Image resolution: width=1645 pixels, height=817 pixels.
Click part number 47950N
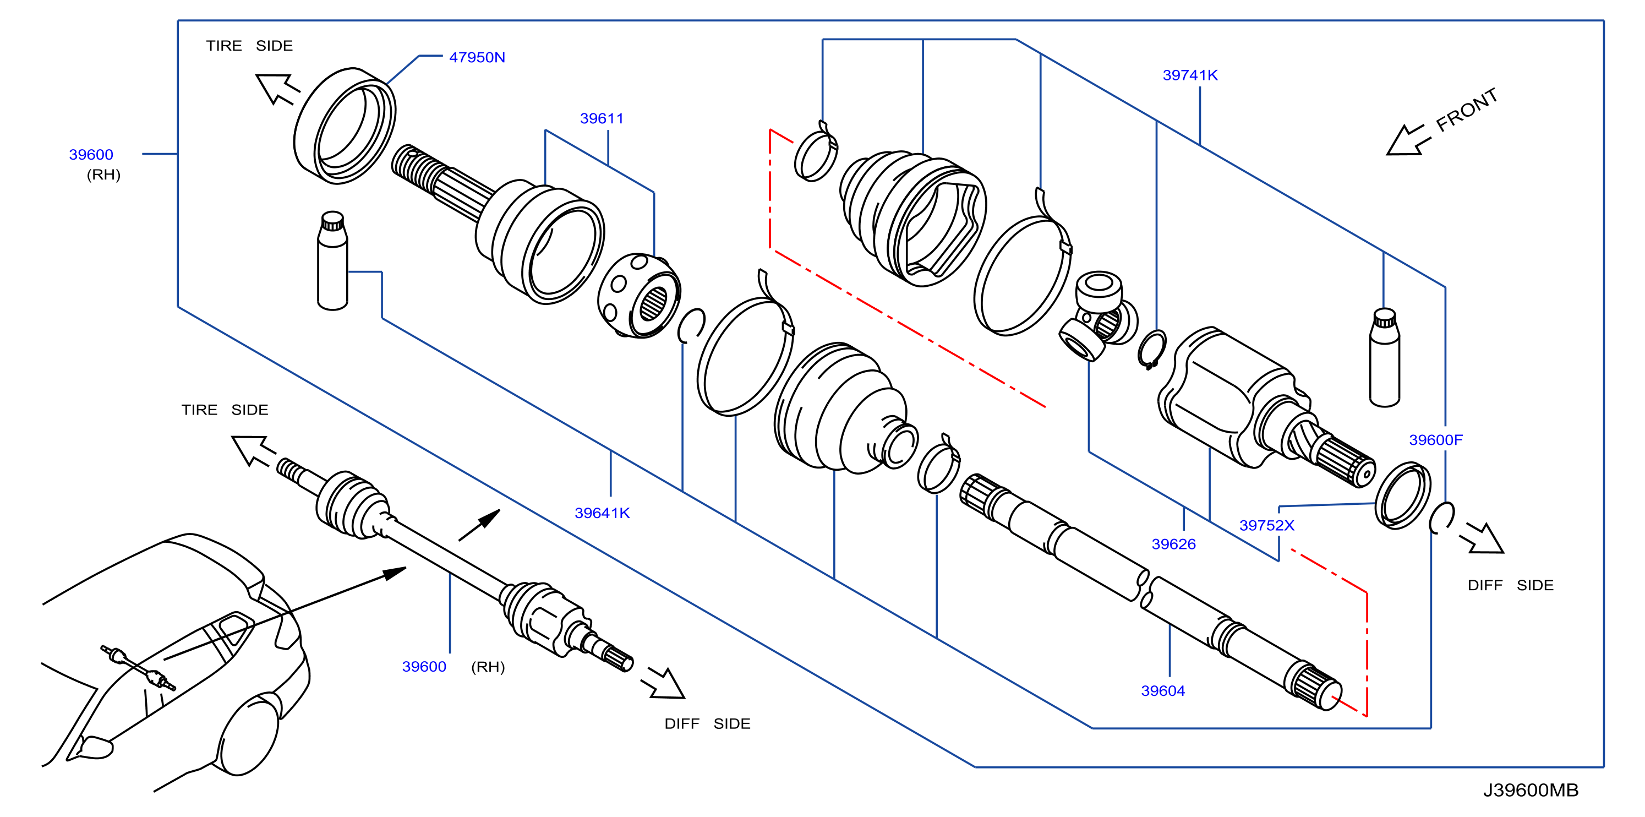[477, 57]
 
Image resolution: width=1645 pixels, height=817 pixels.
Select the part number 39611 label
[602, 118]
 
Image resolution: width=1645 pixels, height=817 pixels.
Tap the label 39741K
[1190, 75]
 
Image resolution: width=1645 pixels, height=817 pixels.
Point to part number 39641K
[602, 513]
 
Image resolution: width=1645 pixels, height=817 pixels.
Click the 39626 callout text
[1173, 544]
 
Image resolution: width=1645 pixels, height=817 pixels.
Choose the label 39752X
[1266, 526]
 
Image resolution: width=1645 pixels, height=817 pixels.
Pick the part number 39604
[1162, 691]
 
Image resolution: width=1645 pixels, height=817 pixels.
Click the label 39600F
[1435, 440]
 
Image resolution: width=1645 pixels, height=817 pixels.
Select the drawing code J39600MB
[1530, 791]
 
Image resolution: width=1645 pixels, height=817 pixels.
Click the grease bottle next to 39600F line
[1385, 358]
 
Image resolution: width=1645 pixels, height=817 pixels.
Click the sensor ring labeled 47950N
[344, 126]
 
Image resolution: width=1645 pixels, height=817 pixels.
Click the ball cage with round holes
[638, 295]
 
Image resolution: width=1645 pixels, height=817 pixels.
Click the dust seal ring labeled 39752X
[1402, 495]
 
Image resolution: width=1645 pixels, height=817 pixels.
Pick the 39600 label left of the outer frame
[91, 155]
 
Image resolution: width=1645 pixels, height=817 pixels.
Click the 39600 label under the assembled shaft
[423, 667]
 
